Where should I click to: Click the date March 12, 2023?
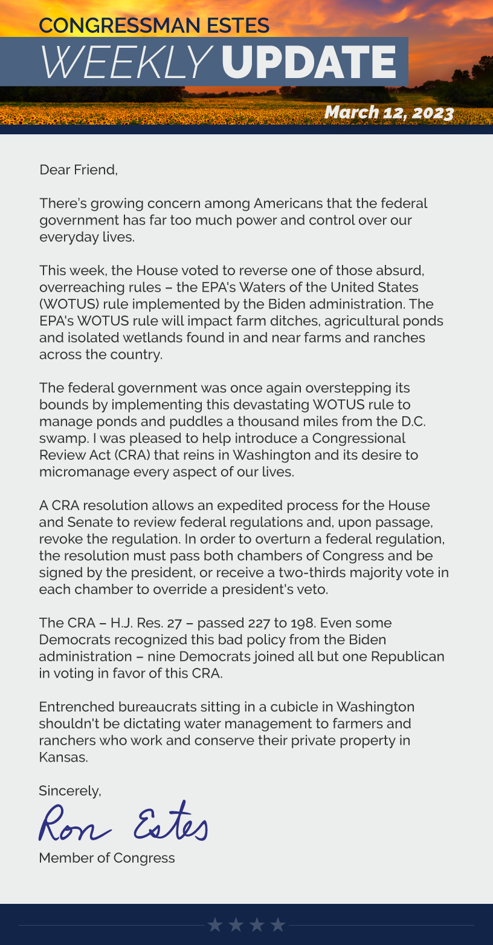point(388,113)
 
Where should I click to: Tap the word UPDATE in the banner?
point(309,62)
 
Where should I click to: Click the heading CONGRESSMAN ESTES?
point(154,25)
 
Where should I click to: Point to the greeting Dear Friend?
point(79,170)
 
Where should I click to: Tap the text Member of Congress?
point(107,858)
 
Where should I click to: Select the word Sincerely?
point(70,790)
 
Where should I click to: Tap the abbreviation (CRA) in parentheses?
point(130,455)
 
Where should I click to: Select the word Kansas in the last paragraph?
point(63,757)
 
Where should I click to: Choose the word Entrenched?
point(77,707)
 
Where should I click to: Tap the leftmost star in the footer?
point(214,924)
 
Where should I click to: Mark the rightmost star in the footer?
point(278,924)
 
